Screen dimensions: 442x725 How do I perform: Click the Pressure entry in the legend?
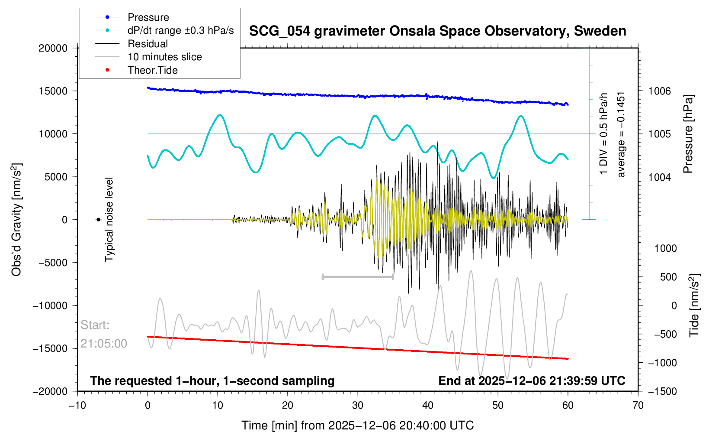click(x=148, y=17)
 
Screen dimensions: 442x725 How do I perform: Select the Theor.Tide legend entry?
click(x=152, y=70)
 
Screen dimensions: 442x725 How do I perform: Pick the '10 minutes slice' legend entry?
click(x=164, y=57)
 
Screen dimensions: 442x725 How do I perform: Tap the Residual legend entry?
click(x=148, y=44)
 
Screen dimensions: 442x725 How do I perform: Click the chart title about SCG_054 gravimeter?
click(x=437, y=31)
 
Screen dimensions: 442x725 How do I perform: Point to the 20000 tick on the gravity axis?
click(x=53, y=48)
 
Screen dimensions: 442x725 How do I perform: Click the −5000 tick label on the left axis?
click(x=51, y=263)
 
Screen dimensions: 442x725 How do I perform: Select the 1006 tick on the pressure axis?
click(x=659, y=91)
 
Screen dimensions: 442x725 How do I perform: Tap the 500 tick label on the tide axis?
click(x=668, y=277)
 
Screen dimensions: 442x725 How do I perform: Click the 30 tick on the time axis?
click(x=358, y=405)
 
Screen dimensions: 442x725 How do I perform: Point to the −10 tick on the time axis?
click(x=77, y=405)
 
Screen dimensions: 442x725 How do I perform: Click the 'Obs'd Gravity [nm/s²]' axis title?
click(x=16, y=220)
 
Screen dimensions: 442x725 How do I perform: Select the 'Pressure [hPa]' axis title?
click(x=688, y=134)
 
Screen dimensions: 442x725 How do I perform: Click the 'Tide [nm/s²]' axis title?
click(x=694, y=305)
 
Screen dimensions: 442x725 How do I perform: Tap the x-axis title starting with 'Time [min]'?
click(x=357, y=425)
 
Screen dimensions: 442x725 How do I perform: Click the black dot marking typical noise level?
click(x=99, y=220)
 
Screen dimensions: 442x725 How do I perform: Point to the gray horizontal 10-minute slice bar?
click(x=358, y=276)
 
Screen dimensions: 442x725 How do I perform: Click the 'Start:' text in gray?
click(x=95, y=325)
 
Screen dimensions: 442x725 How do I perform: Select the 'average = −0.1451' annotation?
click(x=621, y=134)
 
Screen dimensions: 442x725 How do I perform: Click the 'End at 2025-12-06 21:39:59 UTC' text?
click(x=532, y=381)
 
